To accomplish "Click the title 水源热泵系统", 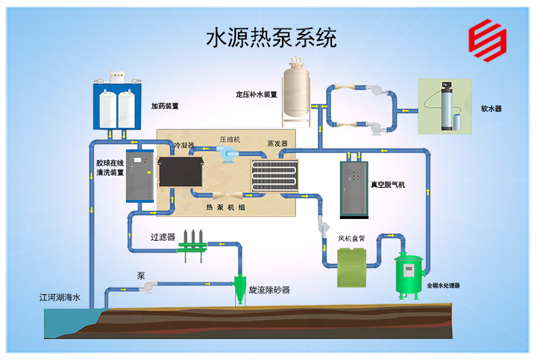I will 271,37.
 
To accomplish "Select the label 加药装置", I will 165,106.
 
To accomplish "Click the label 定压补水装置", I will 257,94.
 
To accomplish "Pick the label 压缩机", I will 230,138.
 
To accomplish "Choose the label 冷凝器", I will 184,145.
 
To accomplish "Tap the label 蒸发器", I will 277,144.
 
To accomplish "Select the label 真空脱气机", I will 388,184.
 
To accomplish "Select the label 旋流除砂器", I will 269,289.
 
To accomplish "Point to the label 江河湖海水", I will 60,297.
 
